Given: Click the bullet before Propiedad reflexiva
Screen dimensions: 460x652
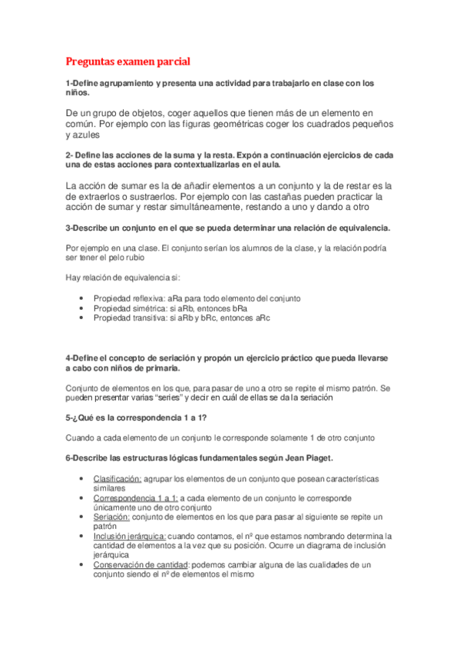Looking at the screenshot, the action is [82, 298].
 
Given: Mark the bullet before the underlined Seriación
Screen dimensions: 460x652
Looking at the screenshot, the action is [82, 517].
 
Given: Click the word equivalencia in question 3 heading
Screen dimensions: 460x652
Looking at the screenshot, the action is [363, 228].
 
